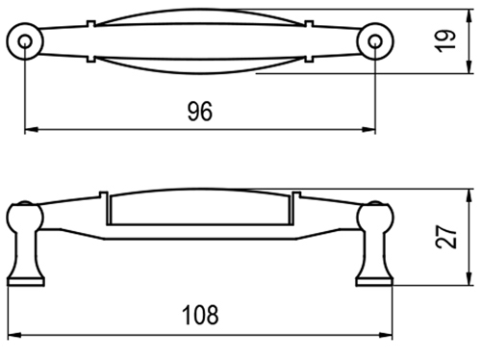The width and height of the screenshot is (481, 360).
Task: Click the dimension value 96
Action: click(x=200, y=112)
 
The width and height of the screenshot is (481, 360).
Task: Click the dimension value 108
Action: click(x=200, y=315)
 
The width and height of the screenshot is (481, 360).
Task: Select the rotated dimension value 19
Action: click(x=445, y=40)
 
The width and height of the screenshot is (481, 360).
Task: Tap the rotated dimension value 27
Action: click(x=445, y=237)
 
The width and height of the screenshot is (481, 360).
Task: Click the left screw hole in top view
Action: click(x=25, y=41)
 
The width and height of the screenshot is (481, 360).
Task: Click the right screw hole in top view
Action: click(x=375, y=41)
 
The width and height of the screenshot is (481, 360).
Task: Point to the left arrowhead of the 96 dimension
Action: click(x=32, y=130)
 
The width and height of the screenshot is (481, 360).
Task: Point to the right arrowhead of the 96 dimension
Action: click(x=368, y=130)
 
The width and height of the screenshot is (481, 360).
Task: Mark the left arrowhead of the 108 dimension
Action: click(x=14, y=335)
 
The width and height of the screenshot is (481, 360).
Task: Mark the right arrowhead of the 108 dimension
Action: click(x=386, y=335)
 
